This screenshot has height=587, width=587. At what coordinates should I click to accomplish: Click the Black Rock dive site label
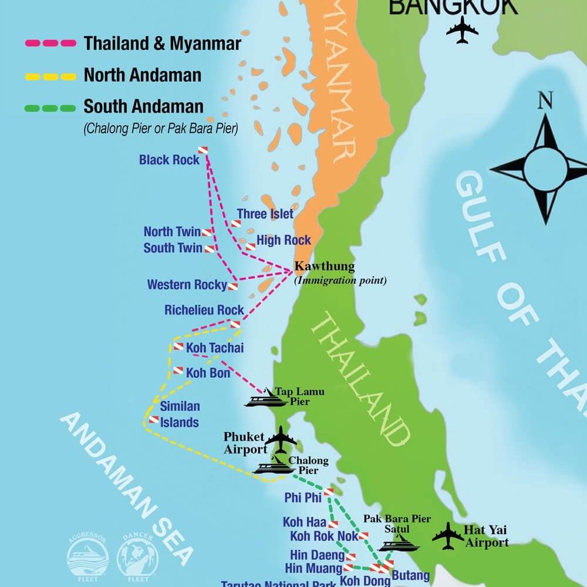click(x=169, y=160)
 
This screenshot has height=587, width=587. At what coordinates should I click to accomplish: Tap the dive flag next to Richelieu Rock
click(x=235, y=324)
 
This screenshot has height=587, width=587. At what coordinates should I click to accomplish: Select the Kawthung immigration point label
click(x=325, y=266)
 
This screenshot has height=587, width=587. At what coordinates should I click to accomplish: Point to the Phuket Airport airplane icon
click(x=281, y=438)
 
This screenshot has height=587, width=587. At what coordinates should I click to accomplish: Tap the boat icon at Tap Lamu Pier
click(x=266, y=399)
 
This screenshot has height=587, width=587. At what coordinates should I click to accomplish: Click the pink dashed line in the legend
click(x=50, y=43)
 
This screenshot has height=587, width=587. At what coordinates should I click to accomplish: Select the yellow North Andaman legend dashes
click(x=50, y=76)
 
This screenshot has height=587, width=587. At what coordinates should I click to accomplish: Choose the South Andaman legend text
click(x=143, y=107)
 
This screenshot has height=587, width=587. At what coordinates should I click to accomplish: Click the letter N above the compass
click(x=545, y=102)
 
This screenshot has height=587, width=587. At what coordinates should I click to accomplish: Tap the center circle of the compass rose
click(x=545, y=168)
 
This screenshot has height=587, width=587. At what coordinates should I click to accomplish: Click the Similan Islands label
click(x=180, y=414)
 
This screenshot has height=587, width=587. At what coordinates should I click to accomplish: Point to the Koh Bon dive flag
click(x=178, y=370)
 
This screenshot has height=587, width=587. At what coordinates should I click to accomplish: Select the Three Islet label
click(x=265, y=214)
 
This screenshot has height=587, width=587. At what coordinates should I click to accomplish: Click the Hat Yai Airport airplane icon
click(x=448, y=536)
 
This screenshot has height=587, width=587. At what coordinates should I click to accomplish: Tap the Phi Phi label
click(x=303, y=498)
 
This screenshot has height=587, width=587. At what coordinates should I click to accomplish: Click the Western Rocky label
click(x=187, y=285)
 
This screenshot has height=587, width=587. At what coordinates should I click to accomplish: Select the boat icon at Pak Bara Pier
click(x=398, y=545)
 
